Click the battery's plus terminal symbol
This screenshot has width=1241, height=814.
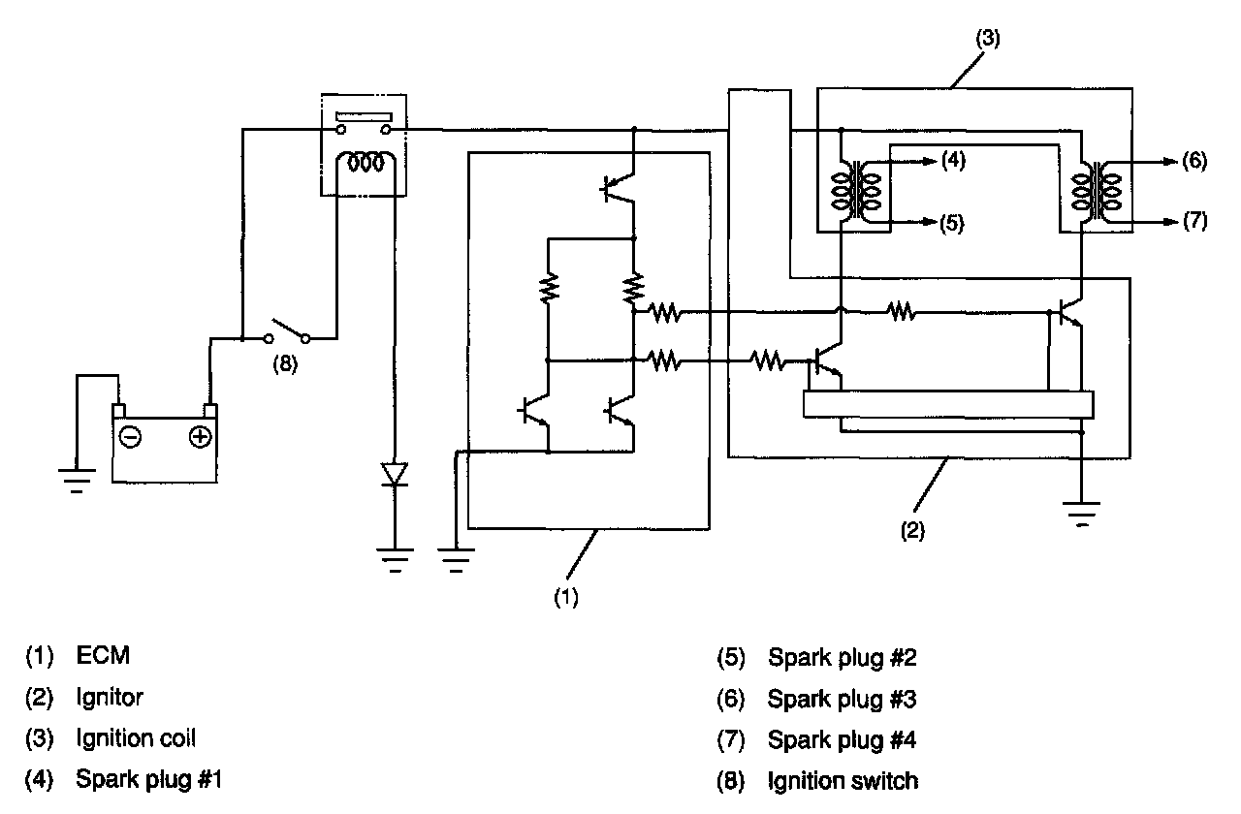point(199,438)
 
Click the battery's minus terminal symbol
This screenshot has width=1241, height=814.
point(130,438)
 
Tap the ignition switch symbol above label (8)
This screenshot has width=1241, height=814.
point(288,330)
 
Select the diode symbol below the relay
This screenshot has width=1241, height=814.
point(395,474)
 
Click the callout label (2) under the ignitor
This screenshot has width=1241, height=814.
point(912,531)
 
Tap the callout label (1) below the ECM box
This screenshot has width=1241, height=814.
point(566,598)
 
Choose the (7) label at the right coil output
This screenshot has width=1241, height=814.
point(1194,221)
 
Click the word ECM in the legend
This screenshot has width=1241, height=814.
point(103,656)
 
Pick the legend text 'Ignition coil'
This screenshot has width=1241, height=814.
point(136,738)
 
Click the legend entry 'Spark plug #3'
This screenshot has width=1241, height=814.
point(842,698)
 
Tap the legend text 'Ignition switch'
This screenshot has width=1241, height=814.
point(843,780)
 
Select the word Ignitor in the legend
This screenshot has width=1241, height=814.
point(110,697)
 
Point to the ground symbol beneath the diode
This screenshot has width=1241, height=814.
point(395,558)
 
